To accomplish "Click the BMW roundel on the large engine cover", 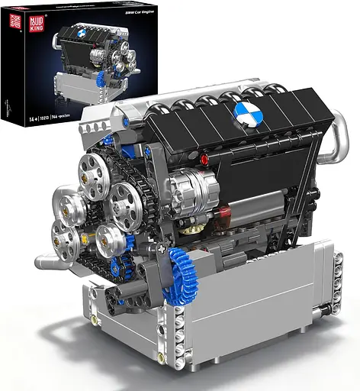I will pyautogui.click(x=247, y=115).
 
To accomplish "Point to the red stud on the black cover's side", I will pyautogui.click(x=204, y=159).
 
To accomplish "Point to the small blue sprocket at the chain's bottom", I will pyautogui.click(x=116, y=268).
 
